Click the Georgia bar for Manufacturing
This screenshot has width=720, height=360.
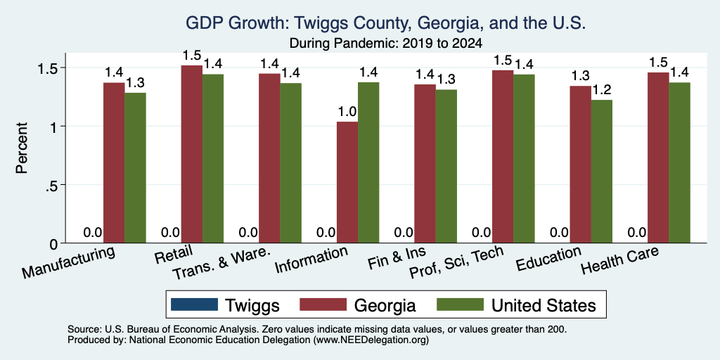click(x=114, y=162)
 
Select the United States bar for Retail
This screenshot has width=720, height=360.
click(x=213, y=158)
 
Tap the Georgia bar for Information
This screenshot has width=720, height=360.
click(x=347, y=182)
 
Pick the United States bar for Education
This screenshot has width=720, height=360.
click(x=602, y=172)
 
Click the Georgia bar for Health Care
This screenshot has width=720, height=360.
click(x=658, y=157)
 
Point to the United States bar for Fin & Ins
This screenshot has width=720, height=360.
click(x=446, y=166)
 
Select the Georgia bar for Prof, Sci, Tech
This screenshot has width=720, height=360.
click(x=503, y=157)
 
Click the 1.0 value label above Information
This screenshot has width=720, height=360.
click(x=347, y=112)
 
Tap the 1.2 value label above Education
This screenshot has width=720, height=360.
click(x=602, y=90)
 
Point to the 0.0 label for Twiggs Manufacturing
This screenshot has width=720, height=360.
click(x=93, y=233)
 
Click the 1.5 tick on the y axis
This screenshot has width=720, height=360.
click(x=46, y=68)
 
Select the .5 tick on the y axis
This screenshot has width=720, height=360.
click(x=50, y=185)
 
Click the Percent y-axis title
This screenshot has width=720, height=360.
click(x=22, y=148)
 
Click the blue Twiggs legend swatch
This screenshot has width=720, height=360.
click(x=194, y=305)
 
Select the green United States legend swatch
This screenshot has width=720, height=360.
click(x=460, y=305)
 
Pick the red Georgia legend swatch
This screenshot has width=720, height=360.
click(x=323, y=305)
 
